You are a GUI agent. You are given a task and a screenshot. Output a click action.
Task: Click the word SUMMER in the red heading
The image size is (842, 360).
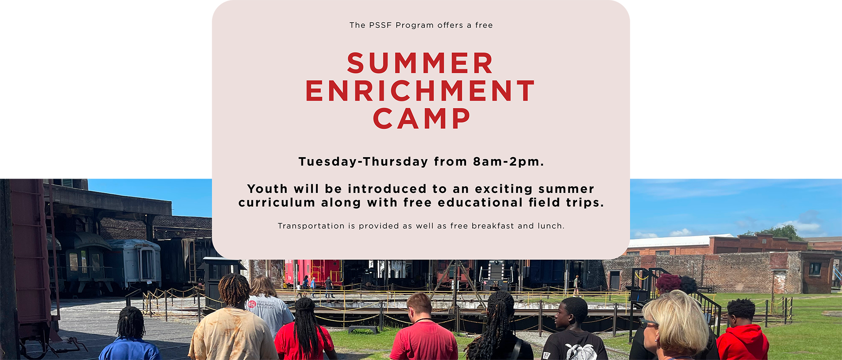[x=420, y=63]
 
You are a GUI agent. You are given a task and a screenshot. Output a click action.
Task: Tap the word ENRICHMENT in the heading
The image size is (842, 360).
[x=420, y=91]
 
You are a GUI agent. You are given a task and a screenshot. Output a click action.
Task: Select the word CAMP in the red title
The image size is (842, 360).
[x=421, y=119]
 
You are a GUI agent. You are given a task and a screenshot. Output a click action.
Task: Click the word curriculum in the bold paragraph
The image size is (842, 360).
[x=277, y=203]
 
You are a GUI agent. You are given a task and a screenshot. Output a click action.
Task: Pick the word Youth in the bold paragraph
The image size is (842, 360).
[x=267, y=189]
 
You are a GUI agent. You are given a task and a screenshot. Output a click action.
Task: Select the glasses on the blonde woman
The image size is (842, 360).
[x=648, y=323]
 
